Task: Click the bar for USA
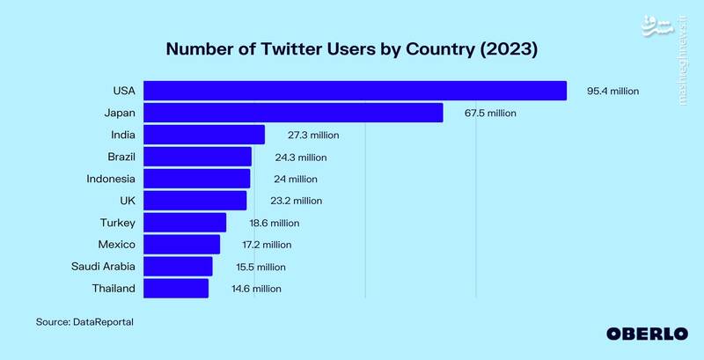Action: pos(355,91)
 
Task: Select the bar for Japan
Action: pos(293,113)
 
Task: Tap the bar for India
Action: pos(204,135)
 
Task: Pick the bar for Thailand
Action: pos(176,288)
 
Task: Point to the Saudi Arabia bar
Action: pos(178,266)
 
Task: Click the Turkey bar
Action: pos(185,223)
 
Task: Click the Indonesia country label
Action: pos(110,179)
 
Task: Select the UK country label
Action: pos(127,201)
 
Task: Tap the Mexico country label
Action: pos(116,244)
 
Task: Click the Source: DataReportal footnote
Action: pos(84,322)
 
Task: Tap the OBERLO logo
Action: pos(647,334)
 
